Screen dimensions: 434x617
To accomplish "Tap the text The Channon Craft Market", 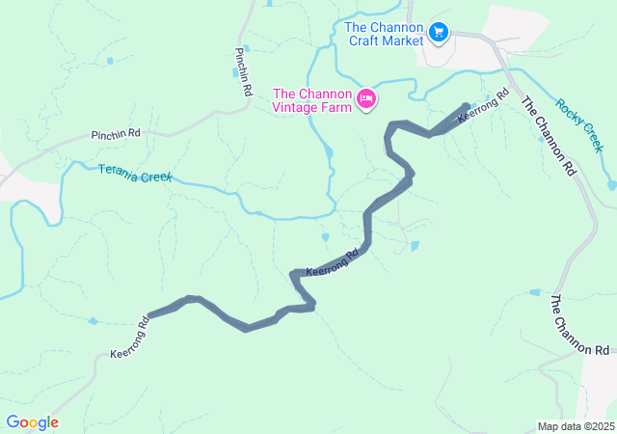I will [384, 34].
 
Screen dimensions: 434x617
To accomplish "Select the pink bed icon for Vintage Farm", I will [366, 98].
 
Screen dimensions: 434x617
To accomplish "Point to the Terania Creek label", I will [135, 175].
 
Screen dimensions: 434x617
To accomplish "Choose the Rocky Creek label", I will [578, 124].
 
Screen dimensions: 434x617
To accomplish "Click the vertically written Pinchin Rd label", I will [242, 72].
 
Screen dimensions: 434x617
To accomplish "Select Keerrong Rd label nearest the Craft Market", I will [483, 106].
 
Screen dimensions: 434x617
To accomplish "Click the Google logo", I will [32, 422].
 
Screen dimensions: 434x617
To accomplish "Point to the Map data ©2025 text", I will [576, 426].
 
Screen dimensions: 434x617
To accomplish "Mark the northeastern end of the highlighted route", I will [468, 106].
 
